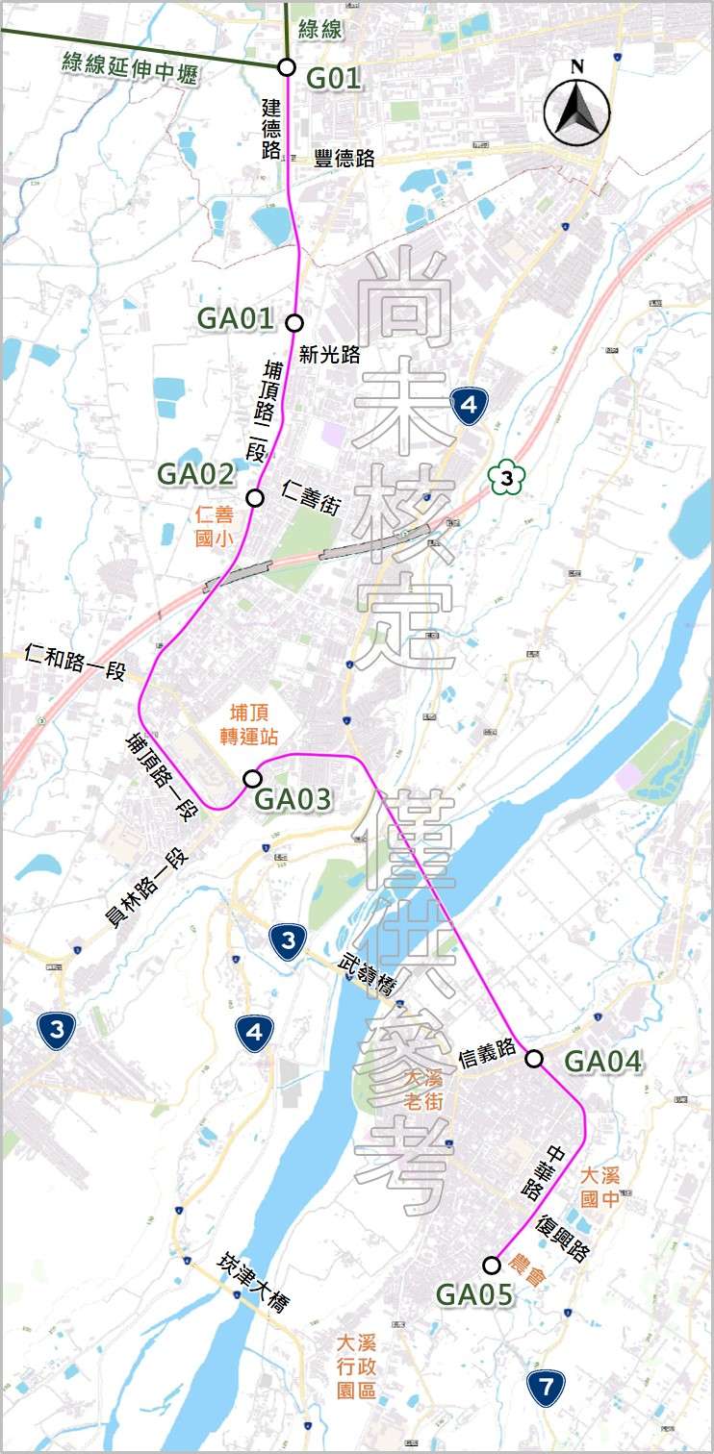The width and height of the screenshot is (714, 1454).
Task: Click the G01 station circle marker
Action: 286,66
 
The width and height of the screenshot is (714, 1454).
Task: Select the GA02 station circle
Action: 255,497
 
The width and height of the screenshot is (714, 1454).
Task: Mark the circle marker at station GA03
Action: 253,777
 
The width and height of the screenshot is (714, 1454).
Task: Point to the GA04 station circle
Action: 534,1059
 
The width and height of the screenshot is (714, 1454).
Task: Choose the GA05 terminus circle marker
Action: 492,1264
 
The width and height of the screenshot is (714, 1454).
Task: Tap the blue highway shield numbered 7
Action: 546,1388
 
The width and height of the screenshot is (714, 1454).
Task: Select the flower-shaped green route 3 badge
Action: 505,477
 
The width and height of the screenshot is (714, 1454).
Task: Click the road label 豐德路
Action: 344,160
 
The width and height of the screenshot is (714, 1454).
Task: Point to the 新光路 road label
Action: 329,355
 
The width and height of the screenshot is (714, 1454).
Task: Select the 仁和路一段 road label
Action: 77,663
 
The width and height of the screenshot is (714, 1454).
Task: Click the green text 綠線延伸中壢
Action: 131,64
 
